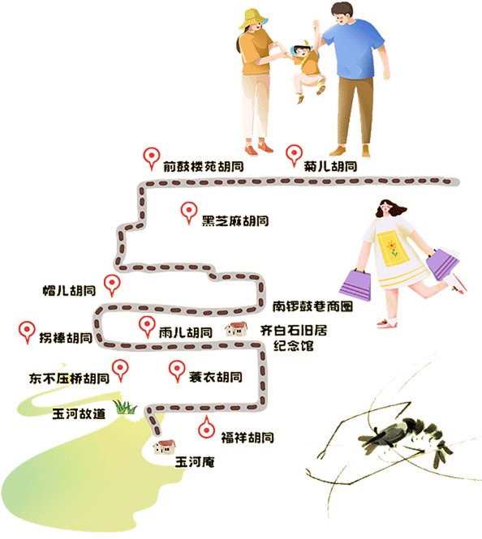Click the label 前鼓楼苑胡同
pos(204,166)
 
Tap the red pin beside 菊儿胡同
pos(295,156)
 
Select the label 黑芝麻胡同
pos(235,220)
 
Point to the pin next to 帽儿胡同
pos(112,285)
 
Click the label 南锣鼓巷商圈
pos(312,306)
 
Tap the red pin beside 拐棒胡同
pos(27,332)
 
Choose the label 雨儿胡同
pos(186,332)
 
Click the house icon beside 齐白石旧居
pos(236,329)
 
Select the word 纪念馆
pos(294,345)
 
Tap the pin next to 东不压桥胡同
pos(120,370)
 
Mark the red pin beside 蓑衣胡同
pos(177,371)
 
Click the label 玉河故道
pos(79,413)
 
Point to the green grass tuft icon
pos(125,407)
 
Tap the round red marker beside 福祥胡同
pos(206,428)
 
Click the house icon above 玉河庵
pos(165,447)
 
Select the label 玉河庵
pos(195,462)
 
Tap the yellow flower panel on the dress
pos(393,250)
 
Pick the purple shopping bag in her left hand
pos(442,264)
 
